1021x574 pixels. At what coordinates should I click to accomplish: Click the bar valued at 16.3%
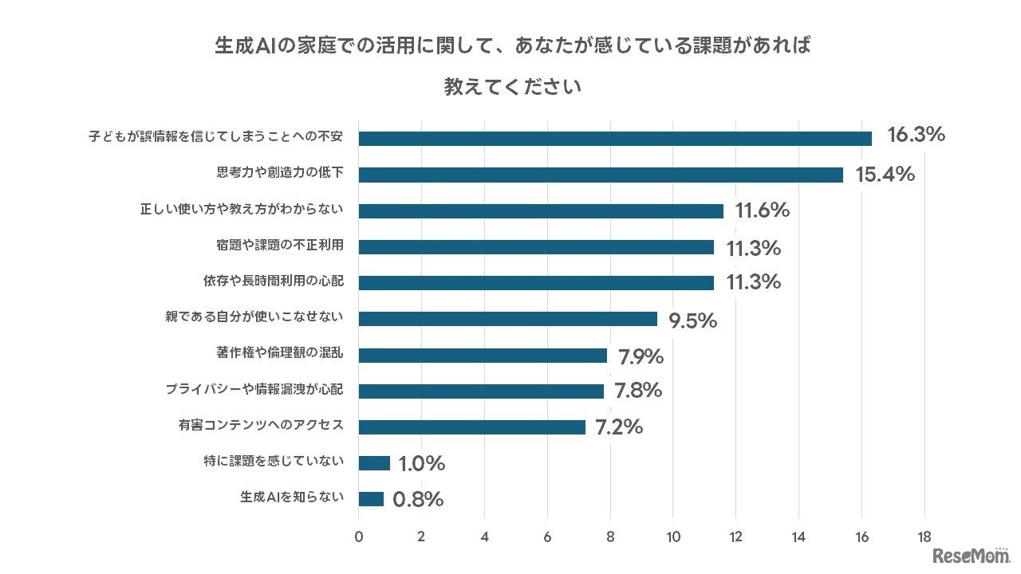[x=614, y=138]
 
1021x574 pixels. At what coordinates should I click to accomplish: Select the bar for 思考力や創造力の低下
[x=600, y=175]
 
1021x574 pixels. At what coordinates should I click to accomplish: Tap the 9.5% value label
[x=692, y=320]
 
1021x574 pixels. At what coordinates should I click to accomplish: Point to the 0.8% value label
[x=418, y=500]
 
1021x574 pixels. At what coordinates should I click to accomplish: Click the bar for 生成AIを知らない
[x=371, y=499]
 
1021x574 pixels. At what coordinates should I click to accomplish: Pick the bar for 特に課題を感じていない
[x=374, y=463]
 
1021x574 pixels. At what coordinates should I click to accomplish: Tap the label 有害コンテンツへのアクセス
[x=261, y=426]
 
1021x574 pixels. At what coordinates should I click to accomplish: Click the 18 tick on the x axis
[x=924, y=537]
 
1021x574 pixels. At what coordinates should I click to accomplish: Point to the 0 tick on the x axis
[x=359, y=537]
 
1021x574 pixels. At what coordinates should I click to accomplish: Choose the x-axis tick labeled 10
[x=672, y=537]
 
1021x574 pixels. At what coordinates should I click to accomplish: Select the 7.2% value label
[x=618, y=427]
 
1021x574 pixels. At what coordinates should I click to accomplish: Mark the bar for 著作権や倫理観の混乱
[x=483, y=355]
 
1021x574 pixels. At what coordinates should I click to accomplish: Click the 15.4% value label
[x=885, y=174]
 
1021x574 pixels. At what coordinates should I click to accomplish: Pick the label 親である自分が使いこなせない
[x=254, y=318]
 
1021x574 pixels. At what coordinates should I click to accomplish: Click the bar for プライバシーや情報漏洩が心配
[x=481, y=391]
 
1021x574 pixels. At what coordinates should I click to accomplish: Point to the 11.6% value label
[x=762, y=210]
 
